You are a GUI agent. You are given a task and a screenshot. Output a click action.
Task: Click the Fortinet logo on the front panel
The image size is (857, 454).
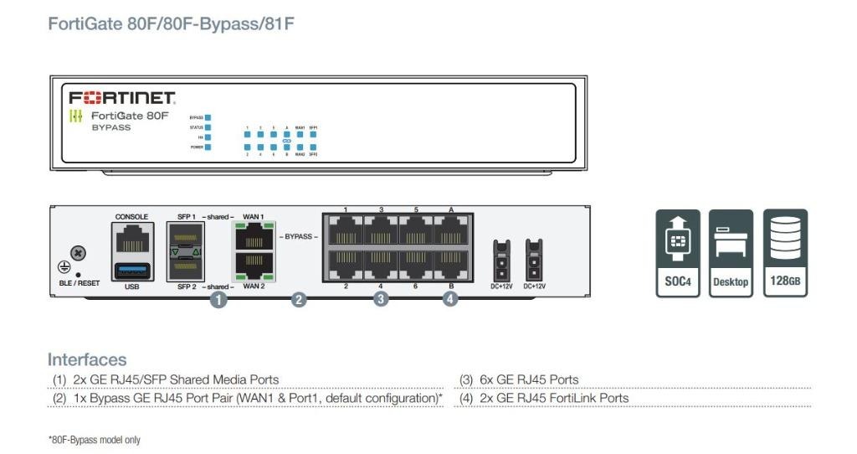point(121,98)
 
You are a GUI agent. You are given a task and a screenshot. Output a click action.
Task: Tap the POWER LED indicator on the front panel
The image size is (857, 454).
point(208,147)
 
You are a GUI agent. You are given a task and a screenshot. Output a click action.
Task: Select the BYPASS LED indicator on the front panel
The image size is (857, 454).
point(208,118)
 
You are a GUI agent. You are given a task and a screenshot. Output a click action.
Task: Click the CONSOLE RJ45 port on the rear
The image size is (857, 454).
point(131,240)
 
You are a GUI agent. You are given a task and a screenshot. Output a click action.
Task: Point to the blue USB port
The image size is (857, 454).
point(131,270)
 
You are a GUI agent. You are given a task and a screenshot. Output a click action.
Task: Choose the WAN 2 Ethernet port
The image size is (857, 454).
point(253,267)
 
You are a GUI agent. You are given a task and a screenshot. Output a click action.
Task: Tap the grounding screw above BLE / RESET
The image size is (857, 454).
point(78,252)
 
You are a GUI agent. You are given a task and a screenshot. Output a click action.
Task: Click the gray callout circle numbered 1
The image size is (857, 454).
point(218,298)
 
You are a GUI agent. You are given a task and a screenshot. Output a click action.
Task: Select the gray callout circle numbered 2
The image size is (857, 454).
point(299,298)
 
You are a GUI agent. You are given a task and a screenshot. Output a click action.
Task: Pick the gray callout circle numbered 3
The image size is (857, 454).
point(381,297)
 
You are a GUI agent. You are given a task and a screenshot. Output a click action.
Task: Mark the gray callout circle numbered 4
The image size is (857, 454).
point(450,297)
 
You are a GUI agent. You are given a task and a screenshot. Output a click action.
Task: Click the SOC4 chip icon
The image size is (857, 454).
point(677,252)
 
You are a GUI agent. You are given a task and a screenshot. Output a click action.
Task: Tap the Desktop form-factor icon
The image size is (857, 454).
point(731,252)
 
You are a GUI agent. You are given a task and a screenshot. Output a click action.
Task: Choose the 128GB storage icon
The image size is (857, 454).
point(785,252)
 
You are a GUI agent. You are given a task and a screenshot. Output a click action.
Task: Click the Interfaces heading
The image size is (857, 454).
point(87,360)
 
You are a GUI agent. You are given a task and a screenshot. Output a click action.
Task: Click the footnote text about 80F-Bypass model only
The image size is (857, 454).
point(94,440)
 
